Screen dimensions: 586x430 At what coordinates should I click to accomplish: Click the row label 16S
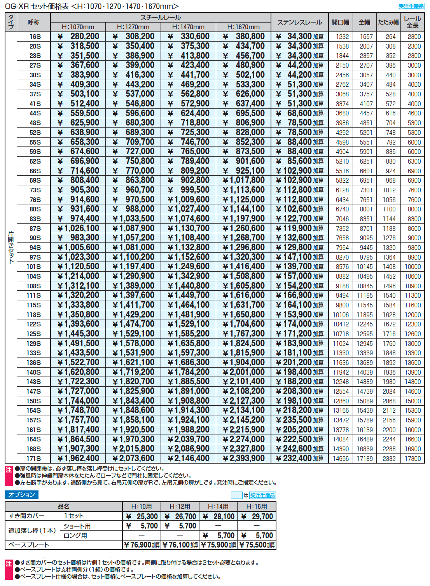[x=35, y=37]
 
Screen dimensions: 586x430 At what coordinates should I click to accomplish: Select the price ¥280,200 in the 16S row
[x=78, y=37]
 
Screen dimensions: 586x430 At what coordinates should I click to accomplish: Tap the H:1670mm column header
[x=243, y=27]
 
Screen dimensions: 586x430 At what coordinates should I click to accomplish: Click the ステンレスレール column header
[x=299, y=22]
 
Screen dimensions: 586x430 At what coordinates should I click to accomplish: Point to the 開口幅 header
[x=340, y=22]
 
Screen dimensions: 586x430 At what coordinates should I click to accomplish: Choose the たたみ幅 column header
[x=388, y=22]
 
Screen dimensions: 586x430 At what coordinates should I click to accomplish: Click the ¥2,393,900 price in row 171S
[x=244, y=459]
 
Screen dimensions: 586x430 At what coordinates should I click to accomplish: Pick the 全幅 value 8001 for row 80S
[x=366, y=209]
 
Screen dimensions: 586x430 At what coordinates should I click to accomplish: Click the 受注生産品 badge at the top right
[x=411, y=6]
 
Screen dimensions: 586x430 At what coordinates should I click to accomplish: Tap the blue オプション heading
[x=21, y=495]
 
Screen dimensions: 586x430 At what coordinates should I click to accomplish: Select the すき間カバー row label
[x=26, y=516]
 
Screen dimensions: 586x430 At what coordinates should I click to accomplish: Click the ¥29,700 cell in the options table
[x=257, y=516]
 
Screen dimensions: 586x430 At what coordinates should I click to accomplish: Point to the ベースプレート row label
[x=29, y=545]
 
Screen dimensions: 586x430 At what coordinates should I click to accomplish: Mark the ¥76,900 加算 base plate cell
[x=142, y=545]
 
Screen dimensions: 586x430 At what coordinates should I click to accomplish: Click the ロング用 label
[x=75, y=535]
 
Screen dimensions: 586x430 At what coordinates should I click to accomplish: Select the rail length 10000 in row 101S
[x=413, y=267]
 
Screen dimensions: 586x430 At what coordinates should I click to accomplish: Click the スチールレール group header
[x=161, y=17]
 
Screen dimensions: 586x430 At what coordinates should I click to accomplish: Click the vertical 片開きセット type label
[x=11, y=247]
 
